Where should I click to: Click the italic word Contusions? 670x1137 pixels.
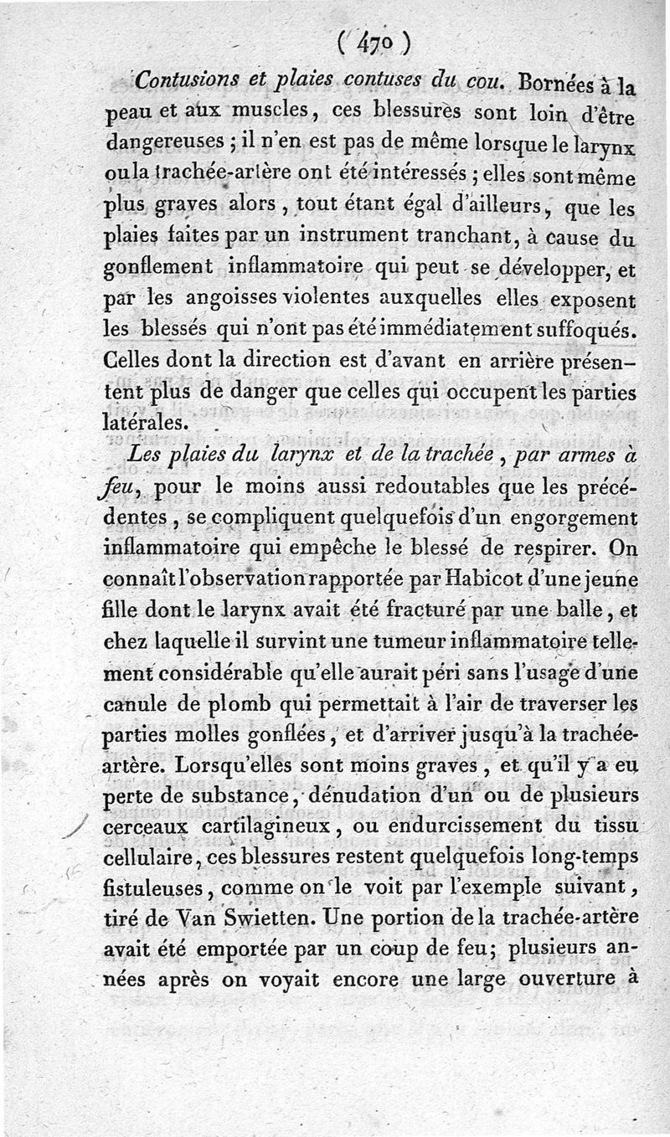183,81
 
